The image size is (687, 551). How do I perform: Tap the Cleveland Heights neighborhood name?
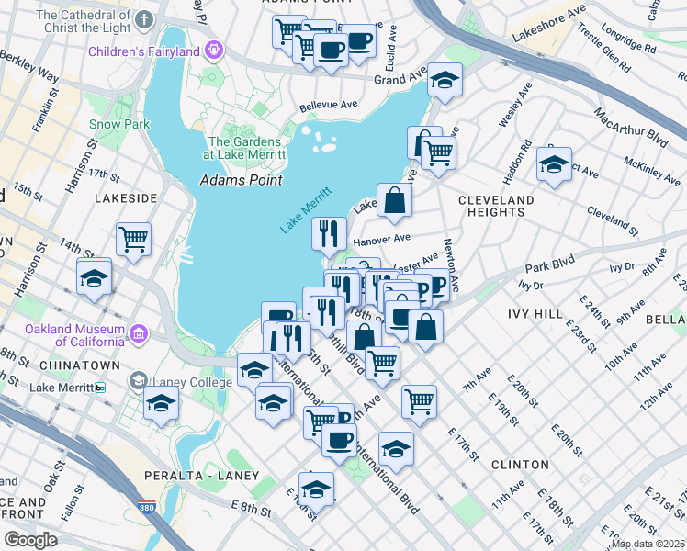[495, 206]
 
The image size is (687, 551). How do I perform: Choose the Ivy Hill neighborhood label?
[535, 314]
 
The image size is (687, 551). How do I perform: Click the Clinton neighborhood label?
[520, 465]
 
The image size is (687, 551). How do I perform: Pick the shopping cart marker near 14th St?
[134, 239]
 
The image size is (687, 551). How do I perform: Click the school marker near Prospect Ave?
[554, 164]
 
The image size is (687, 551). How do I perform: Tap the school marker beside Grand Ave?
[445, 80]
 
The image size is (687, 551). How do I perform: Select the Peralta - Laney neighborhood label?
[191, 476]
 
